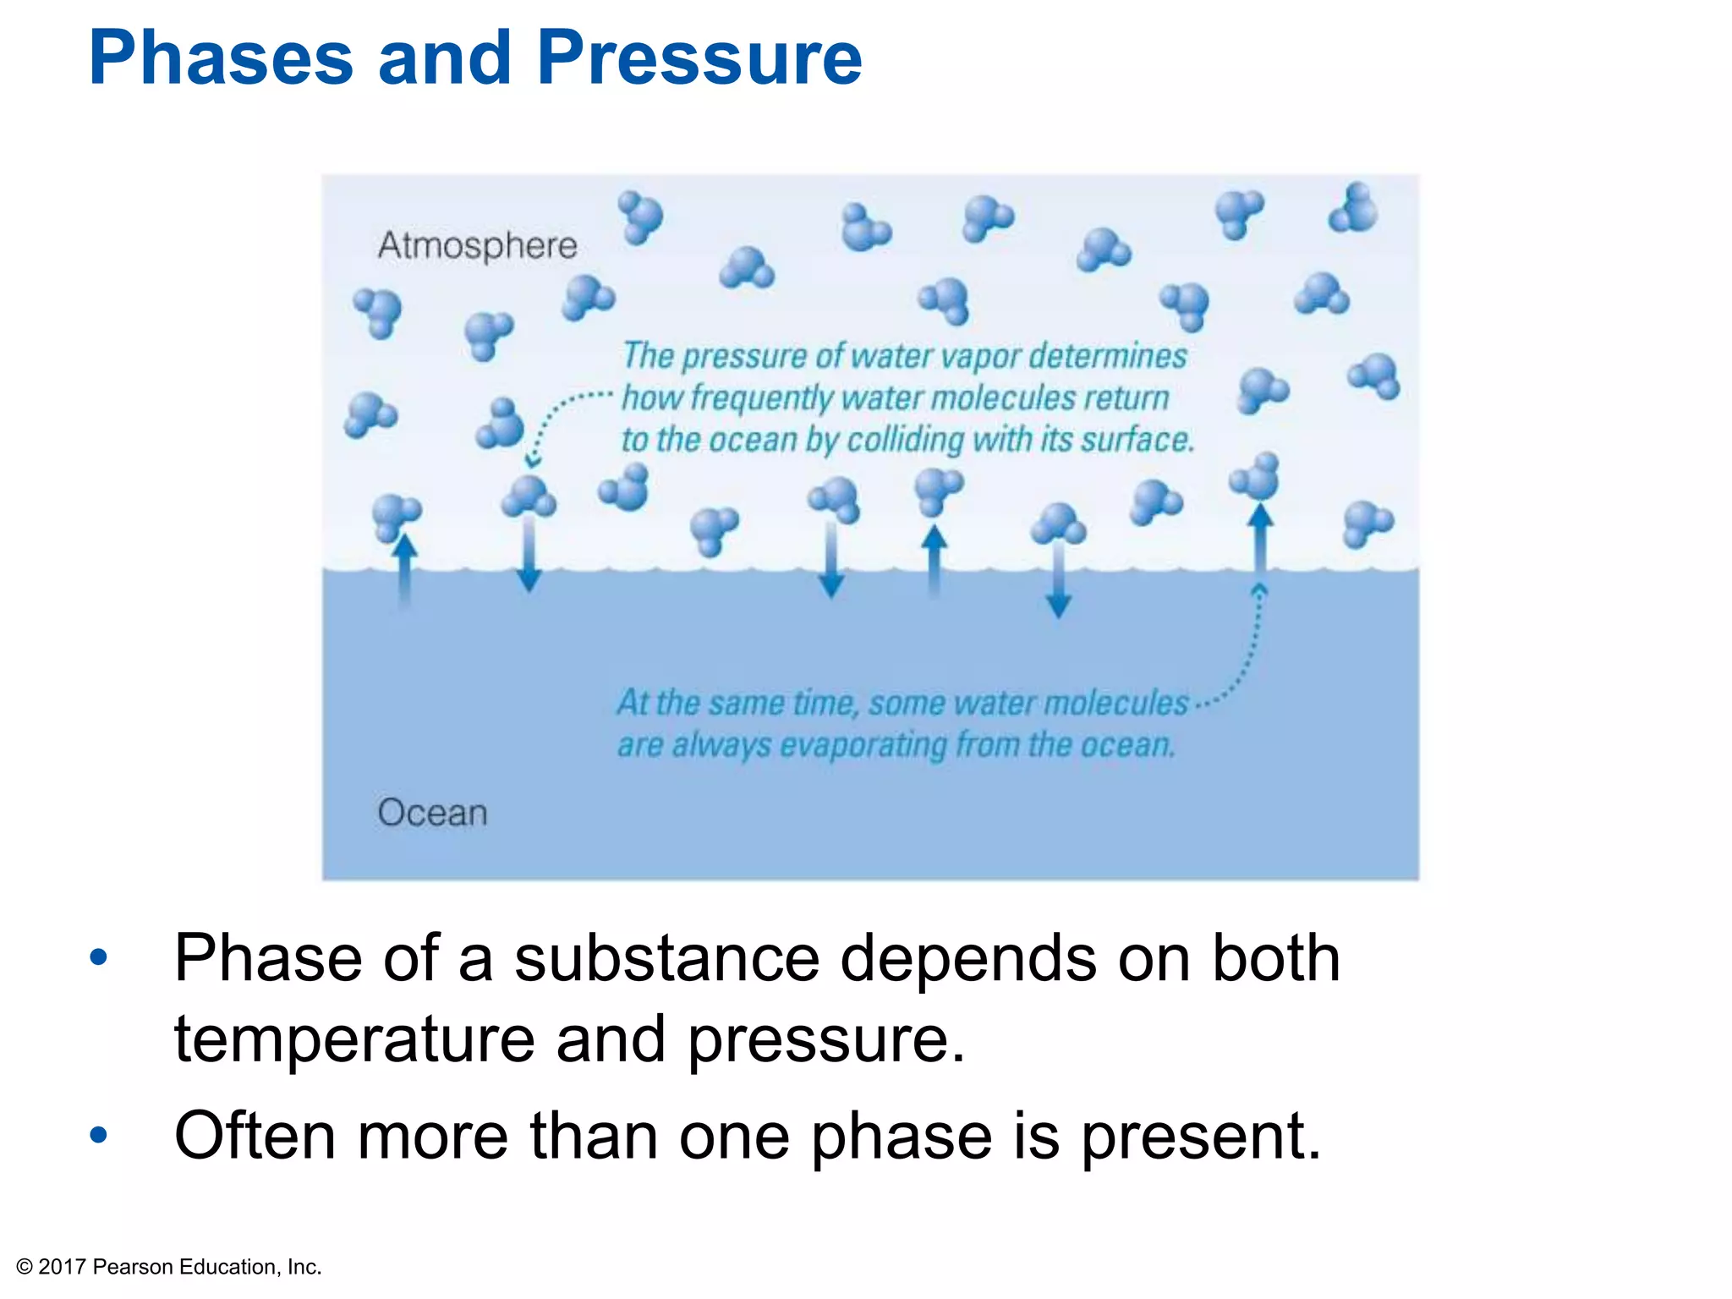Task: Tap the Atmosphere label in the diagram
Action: coord(477,245)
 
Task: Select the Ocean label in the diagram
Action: coord(432,813)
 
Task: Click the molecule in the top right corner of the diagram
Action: coord(1353,208)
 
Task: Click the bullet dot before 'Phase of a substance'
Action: coord(99,957)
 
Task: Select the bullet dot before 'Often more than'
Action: coord(99,1135)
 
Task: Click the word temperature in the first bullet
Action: coord(354,1040)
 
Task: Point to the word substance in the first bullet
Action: coord(666,959)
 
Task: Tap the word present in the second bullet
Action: coord(1200,1137)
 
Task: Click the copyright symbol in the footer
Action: coord(25,1267)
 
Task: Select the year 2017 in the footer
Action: coord(63,1267)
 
